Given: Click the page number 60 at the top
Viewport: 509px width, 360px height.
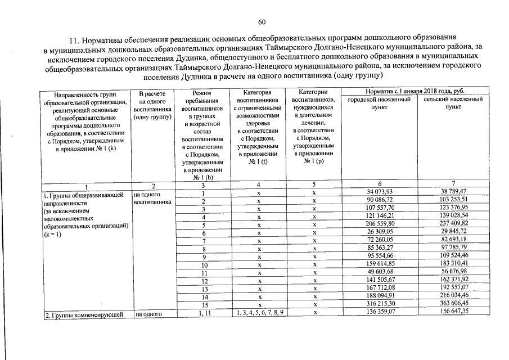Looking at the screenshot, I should pyautogui.click(x=262, y=22).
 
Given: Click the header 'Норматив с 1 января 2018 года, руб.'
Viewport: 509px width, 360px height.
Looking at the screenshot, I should pyautogui.click(x=416, y=91).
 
